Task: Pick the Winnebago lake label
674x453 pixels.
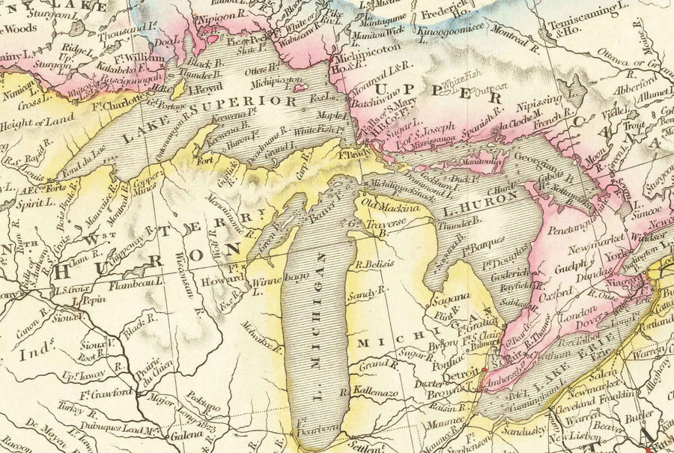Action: pyautogui.click(x=282, y=279)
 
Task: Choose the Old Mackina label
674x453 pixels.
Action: pyautogui.click(x=388, y=203)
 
